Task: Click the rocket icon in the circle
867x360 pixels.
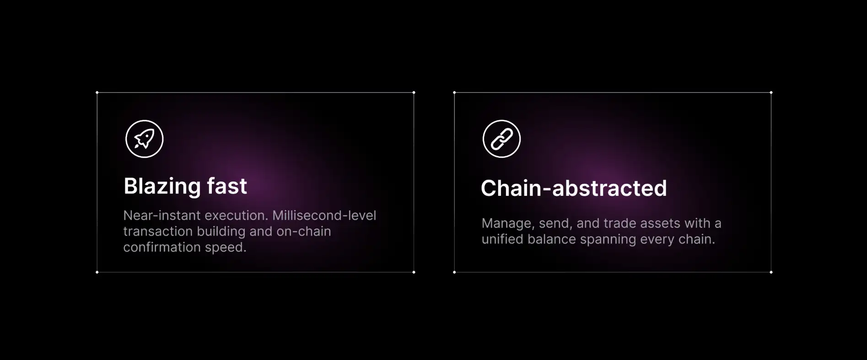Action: (144, 139)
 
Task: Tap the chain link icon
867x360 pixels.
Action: (501, 139)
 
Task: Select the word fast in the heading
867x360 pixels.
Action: (227, 186)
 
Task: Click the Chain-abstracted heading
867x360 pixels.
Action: (574, 188)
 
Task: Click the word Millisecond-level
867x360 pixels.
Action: (324, 215)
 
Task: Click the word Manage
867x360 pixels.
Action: (508, 224)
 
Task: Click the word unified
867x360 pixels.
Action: (502, 239)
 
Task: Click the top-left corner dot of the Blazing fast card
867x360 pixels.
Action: (97, 92)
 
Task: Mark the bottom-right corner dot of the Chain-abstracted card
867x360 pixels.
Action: (771, 272)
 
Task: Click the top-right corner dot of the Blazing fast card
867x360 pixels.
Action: (414, 92)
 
